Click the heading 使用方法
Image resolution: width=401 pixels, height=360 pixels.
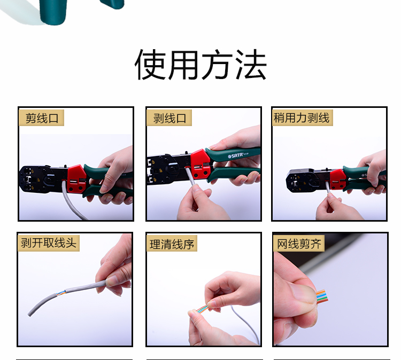[x=200, y=65]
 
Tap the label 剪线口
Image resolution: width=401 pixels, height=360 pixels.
[x=42, y=118]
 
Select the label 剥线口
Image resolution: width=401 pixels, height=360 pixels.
[x=169, y=118]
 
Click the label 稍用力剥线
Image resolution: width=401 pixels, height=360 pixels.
[x=302, y=118]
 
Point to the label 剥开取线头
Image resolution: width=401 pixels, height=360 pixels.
[x=49, y=242]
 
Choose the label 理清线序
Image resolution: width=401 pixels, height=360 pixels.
[x=172, y=244]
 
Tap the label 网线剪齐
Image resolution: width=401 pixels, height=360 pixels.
[x=299, y=244]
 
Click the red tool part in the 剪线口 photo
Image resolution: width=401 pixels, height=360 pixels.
[x=76, y=178]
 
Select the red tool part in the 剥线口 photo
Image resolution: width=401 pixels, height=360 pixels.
[x=200, y=164]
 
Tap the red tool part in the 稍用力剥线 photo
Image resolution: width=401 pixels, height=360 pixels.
[x=337, y=179]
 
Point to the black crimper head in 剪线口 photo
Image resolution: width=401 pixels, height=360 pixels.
[x=37, y=179]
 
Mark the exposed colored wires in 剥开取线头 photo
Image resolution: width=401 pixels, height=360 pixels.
[x=61, y=293]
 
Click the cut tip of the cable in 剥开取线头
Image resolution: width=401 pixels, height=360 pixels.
[x=29, y=314]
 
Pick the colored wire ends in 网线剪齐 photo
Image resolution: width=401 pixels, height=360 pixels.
[x=322, y=296]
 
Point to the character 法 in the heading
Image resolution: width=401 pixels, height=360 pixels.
[x=251, y=65]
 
